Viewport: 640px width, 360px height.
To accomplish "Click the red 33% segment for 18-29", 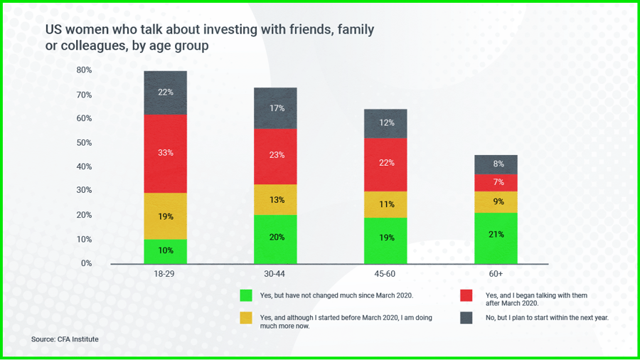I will [166, 153].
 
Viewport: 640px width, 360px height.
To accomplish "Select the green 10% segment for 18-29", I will [166, 251].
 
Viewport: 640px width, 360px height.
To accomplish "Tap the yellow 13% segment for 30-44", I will [276, 200].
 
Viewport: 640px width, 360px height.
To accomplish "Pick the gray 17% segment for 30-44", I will [276, 108].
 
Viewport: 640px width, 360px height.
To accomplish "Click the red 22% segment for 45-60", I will [385, 164].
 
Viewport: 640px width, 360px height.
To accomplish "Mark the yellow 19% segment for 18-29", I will [166, 216].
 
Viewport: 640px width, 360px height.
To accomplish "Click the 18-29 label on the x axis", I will [166, 274].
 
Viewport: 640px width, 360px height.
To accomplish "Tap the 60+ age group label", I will [496, 274].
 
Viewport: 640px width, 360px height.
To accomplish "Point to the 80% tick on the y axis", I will [84, 70].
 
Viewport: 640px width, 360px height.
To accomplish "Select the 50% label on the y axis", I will [84, 142].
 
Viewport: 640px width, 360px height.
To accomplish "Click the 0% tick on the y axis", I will [86, 263].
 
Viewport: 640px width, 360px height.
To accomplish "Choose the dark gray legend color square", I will [466, 318].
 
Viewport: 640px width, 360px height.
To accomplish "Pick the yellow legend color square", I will [246, 318].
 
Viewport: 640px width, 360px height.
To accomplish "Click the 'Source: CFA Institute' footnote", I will [65, 339].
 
